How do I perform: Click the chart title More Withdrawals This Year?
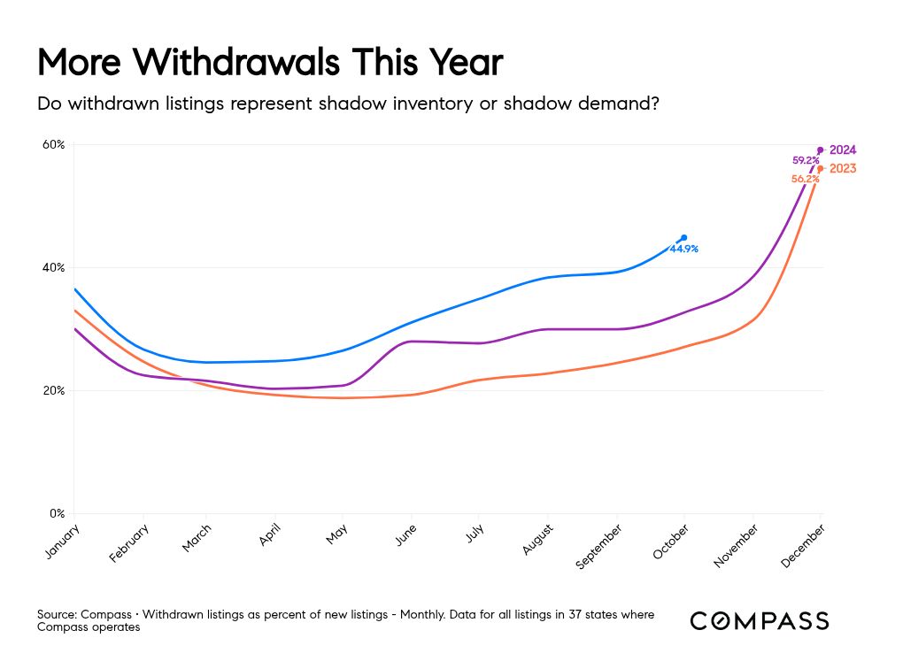(270, 64)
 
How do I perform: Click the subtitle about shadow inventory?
(348, 104)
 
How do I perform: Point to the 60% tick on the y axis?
(55, 144)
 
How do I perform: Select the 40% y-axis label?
(55, 267)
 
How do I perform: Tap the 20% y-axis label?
(55, 390)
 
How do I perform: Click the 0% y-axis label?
(58, 513)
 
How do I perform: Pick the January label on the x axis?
(60, 542)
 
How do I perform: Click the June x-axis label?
(405, 536)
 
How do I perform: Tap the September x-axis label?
(599, 546)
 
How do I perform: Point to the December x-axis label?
(803, 543)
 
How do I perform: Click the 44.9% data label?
(683, 250)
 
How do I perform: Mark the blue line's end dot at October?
(683, 237)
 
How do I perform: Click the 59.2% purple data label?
(805, 161)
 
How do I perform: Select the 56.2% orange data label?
(805, 179)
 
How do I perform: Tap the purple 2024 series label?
(842, 150)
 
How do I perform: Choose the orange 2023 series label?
(842, 168)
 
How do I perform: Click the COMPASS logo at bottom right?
(760, 620)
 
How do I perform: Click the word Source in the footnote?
(56, 614)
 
